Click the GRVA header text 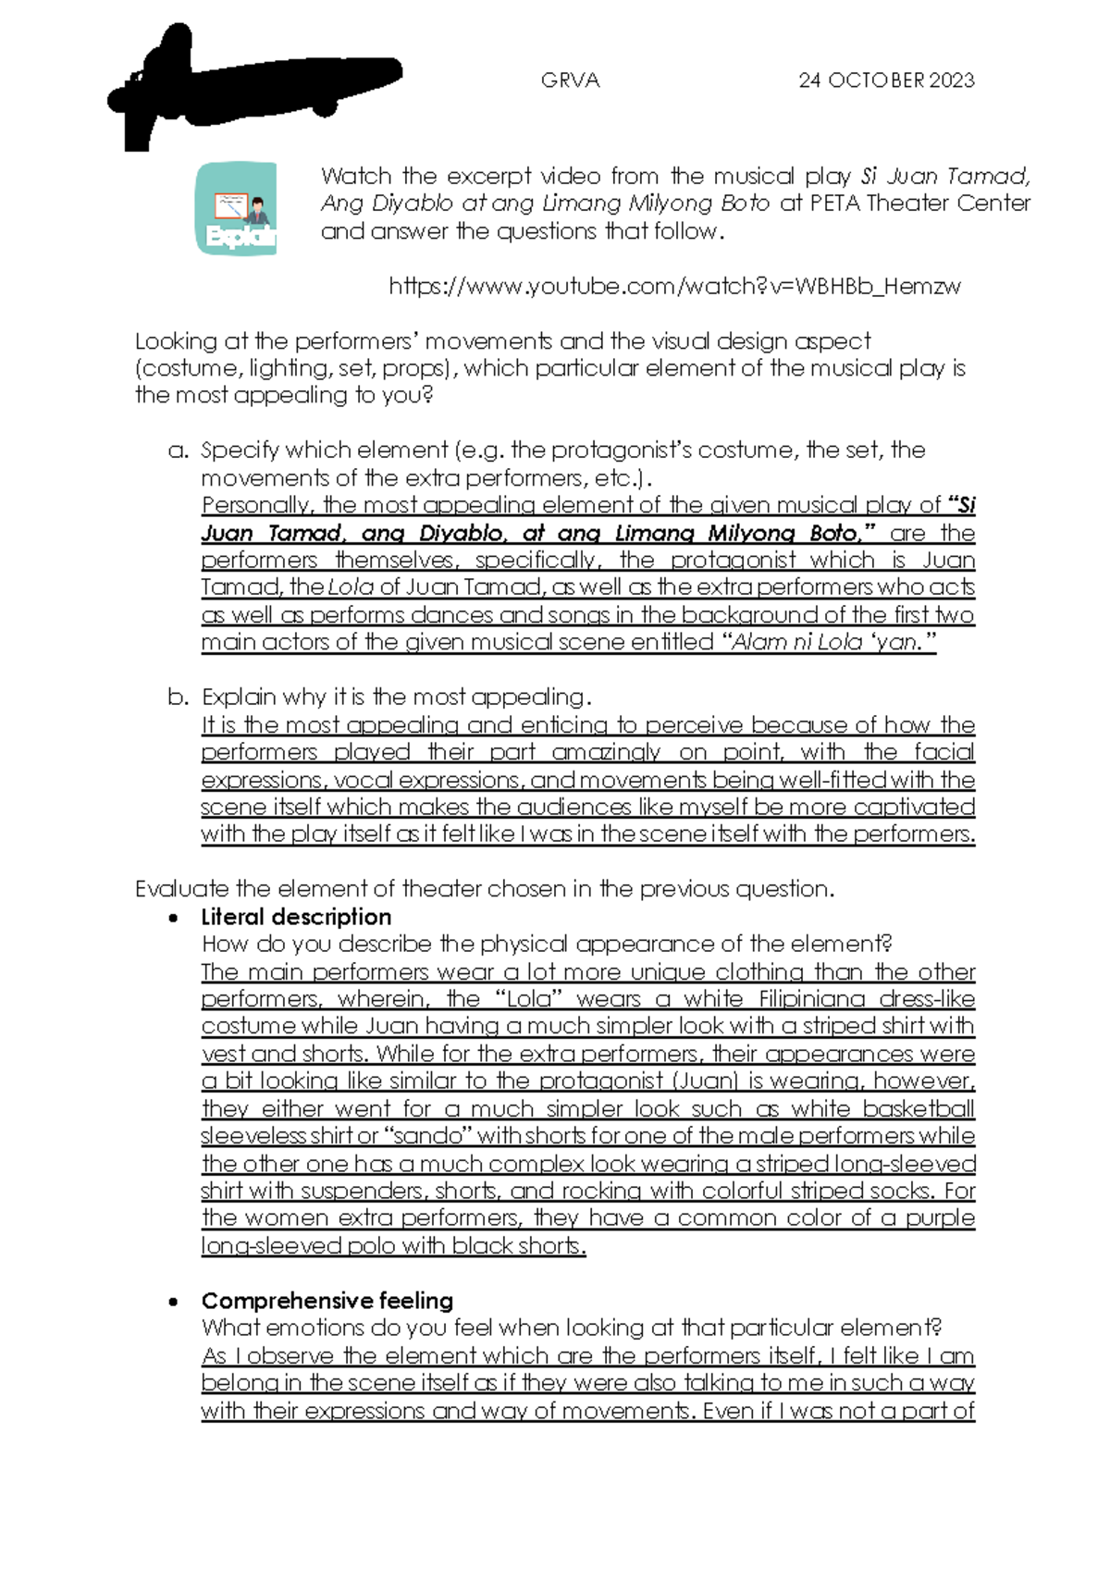point(570,80)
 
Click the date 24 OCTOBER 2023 point(886,80)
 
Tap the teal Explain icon point(237,208)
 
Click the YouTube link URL point(674,286)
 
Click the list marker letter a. point(179,451)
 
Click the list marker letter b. point(179,698)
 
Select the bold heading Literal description point(296,917)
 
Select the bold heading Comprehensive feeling point(327,1301)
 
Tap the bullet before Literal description point(173,918)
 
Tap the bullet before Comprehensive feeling point(173,1302)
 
